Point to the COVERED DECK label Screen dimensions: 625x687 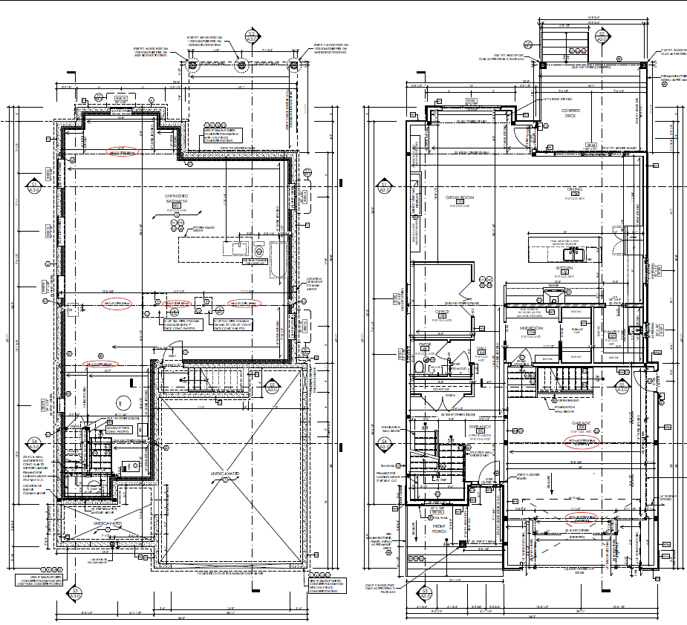pos(570,113)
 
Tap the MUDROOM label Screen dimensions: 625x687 pos(533,327)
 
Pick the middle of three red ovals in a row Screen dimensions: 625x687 pos(177,304)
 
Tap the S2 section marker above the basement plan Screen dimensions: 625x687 pos(252,37)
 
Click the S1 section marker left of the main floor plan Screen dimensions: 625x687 pos(385,186)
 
